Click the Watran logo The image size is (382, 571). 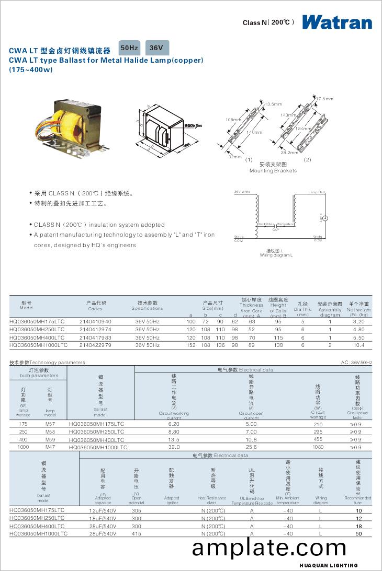[336, 22]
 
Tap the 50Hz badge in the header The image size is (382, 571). [129, 48]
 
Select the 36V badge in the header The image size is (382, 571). [156, 48]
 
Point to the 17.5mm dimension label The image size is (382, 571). [324, 99]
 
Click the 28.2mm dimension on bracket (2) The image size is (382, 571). [289, 153]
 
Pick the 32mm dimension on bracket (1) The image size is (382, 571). [234, 157]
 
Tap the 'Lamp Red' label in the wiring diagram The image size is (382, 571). [317, 192]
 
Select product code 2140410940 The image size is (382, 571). [95, 322]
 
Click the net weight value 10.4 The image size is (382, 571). [359, 345]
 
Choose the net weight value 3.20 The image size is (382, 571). [359, 322]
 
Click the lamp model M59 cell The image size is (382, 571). [50, 440]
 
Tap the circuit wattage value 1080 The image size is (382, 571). [318, 447]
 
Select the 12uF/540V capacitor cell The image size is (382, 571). [103, 510]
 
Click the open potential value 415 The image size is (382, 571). [136, 533]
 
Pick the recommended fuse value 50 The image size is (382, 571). [358, 533]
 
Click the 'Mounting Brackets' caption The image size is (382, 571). [273, 170]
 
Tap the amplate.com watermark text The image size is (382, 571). [269, 548]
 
